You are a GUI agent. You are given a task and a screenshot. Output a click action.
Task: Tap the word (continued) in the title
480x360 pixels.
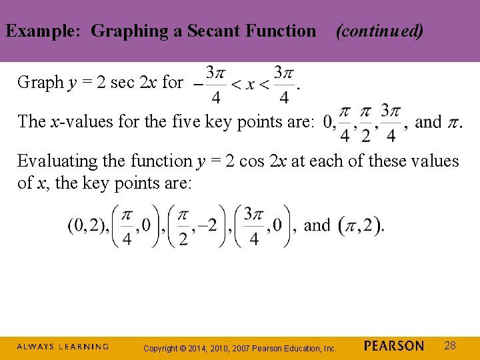[x=379, y=31]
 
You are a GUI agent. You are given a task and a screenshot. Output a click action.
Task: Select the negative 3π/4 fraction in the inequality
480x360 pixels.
[x=210, y=84]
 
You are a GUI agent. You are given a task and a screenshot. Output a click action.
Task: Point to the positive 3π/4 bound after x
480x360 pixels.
[x=283, y=84]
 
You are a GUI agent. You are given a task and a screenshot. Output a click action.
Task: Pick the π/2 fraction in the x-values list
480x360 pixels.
[x=365, y=123]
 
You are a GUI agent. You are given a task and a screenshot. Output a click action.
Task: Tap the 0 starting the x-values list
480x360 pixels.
[x=328, y=123]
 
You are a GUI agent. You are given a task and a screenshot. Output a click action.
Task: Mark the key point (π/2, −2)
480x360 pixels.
[x=197, y=227]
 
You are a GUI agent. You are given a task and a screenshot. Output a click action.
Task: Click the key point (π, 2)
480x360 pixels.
[x=361, y=226]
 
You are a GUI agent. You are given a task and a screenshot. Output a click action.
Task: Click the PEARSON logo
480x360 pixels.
[x=394, y=345]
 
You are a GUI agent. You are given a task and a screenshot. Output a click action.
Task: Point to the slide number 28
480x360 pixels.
[x=450, y=345]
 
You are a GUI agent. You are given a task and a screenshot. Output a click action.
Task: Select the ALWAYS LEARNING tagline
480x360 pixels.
[x=62, y=347]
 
